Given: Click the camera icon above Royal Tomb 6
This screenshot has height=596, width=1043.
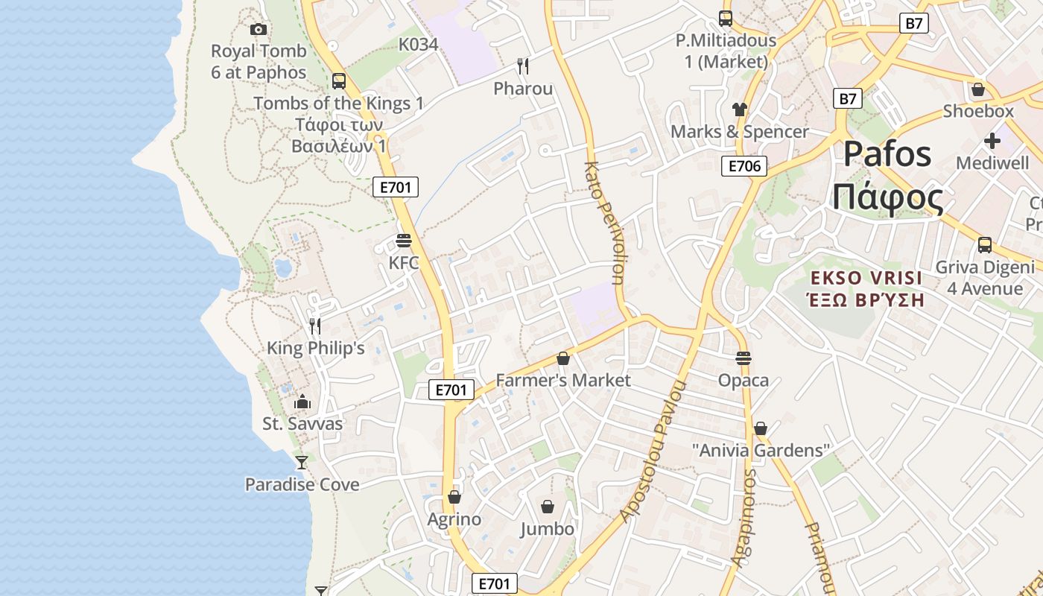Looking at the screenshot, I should click(259, 29).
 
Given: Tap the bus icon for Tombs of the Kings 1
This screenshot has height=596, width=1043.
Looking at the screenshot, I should click(339, 80).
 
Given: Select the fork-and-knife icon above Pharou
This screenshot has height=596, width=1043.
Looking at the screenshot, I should click(523, 66).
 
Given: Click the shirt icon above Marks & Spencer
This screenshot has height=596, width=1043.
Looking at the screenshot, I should click(739, 109).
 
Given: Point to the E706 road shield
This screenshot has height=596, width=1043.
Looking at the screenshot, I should click(744, 166).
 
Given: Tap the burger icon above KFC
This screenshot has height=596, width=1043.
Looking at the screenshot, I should click(404, 241).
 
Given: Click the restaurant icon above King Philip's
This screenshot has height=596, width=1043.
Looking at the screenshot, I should click(315, 326).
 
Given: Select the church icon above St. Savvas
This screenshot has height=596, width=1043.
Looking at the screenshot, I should click(302, 402).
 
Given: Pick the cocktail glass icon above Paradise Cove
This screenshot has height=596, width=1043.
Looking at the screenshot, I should click(301, 463).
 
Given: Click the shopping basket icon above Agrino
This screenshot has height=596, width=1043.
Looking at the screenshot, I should click(454, 497).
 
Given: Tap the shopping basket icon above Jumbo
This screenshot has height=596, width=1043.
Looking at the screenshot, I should click(548, 507).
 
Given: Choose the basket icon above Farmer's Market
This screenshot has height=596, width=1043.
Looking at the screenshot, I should click(563, 358).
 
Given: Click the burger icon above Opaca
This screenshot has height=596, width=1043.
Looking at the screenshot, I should click(743, 358).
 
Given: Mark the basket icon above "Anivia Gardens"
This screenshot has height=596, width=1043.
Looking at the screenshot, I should click(761, 428).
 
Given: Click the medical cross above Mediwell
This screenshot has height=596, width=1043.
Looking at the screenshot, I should click(992, 140).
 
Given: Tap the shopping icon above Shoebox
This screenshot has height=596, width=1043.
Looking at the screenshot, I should click(978, 89).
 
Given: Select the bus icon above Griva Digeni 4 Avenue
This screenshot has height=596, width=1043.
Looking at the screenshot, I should click(985, 244).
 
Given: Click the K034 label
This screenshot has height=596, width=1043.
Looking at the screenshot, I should click(418, 45).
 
